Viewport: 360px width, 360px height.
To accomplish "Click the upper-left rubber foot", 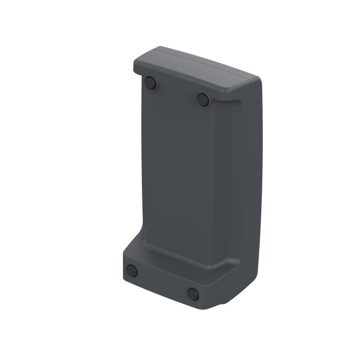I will coord(150,82).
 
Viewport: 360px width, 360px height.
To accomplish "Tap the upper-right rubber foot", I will coord(203,99).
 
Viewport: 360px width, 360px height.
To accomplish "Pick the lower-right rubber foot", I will coord(193,294).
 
